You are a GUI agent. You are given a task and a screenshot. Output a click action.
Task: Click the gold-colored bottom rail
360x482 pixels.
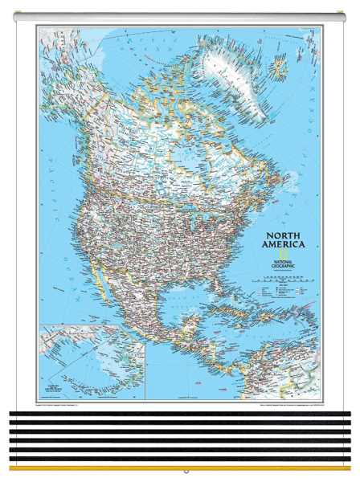click(180, 468)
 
